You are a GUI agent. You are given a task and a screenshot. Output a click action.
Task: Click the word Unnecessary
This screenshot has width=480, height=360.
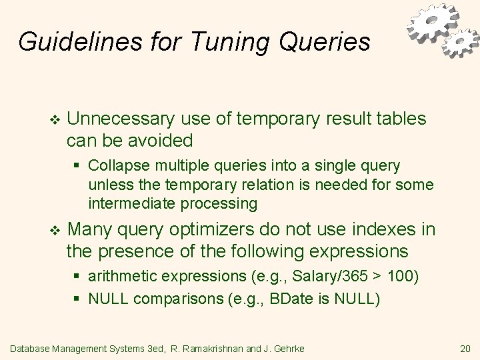pos(121,119)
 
